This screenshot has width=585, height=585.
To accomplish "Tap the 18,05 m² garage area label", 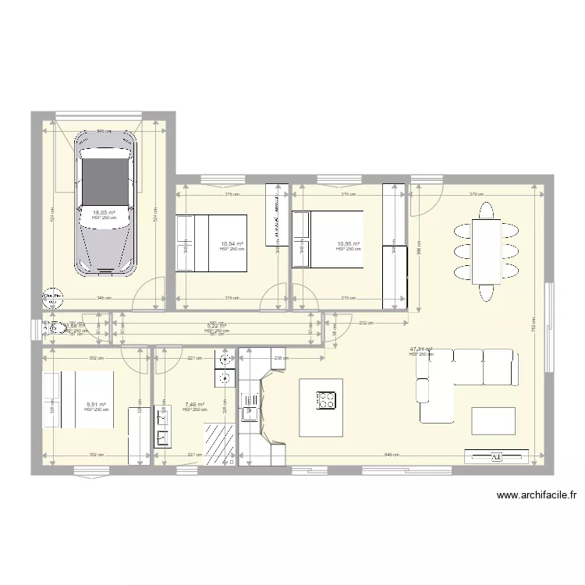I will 105,212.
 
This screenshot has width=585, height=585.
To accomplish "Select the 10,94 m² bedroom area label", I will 232,244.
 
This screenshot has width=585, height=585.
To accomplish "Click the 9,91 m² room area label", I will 96,404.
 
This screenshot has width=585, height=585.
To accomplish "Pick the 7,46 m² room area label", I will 194,404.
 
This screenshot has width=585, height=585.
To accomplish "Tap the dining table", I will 486,252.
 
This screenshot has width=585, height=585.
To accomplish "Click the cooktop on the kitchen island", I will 326,400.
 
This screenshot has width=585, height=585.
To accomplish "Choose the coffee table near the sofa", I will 493,420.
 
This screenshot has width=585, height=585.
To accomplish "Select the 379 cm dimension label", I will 478,194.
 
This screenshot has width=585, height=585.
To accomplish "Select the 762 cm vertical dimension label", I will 533,320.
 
